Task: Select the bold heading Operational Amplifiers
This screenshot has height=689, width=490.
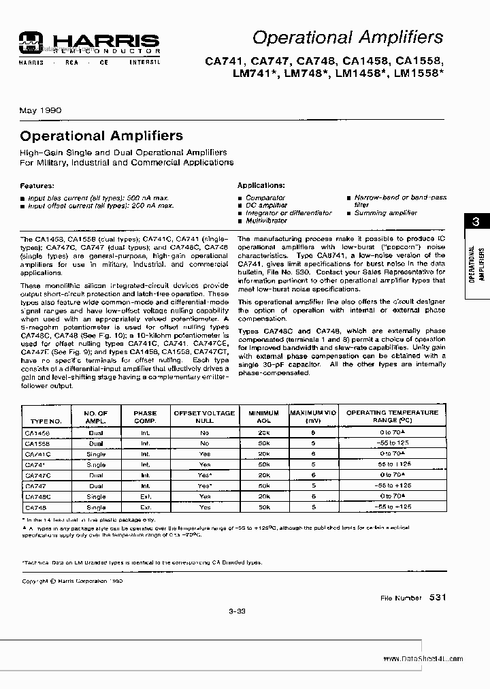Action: pos(101,135)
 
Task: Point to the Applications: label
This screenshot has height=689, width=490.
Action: pos(261,185)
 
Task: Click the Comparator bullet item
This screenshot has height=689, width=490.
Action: pos(265,197)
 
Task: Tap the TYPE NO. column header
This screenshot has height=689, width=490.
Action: pos(47,421)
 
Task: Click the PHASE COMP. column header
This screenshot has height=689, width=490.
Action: pos(145,417)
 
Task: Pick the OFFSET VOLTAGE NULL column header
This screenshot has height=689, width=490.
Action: pos(204,417)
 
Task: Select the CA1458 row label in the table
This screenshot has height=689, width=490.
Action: pos(37,432)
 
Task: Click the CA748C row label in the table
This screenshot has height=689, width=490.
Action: pos(38,497)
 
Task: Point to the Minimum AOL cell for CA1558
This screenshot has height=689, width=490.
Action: pos(264,443)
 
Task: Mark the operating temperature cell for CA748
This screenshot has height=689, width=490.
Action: pos(393,507)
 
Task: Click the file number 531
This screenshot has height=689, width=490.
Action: pos(438,597)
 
